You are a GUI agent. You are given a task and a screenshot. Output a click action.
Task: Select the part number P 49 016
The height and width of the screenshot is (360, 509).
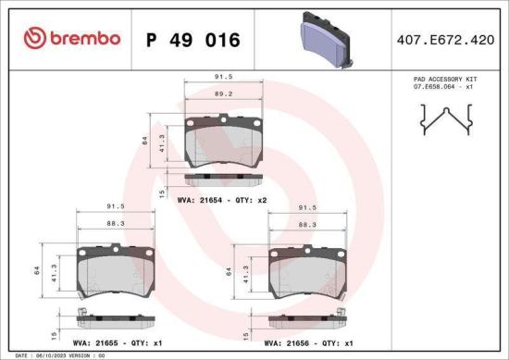pos(192,40)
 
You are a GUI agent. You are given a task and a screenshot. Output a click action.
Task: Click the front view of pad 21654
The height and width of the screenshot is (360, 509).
pos(223,139)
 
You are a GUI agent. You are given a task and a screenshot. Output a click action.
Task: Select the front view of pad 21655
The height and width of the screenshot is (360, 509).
pos(116,271)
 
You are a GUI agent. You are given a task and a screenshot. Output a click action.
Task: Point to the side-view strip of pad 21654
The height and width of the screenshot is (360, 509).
pos(223,178)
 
